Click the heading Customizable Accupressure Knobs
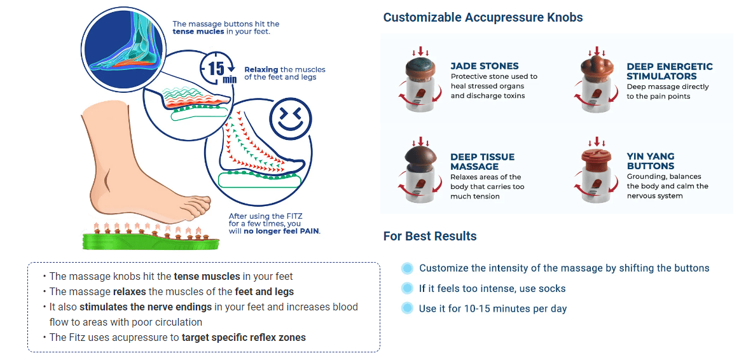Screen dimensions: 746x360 483,18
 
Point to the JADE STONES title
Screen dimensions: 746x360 485,66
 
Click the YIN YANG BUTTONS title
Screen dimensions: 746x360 651,161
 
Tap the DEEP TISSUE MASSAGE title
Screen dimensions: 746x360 483,162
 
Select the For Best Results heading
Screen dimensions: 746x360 430,236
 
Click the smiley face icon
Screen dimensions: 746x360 290,119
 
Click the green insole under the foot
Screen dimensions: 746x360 151,240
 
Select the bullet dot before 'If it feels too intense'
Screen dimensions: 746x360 407,288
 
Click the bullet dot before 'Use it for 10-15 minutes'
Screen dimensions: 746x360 407,308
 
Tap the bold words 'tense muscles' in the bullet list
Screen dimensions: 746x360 207,276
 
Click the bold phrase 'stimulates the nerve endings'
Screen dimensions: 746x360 146,307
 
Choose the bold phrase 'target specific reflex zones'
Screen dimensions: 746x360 244,338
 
